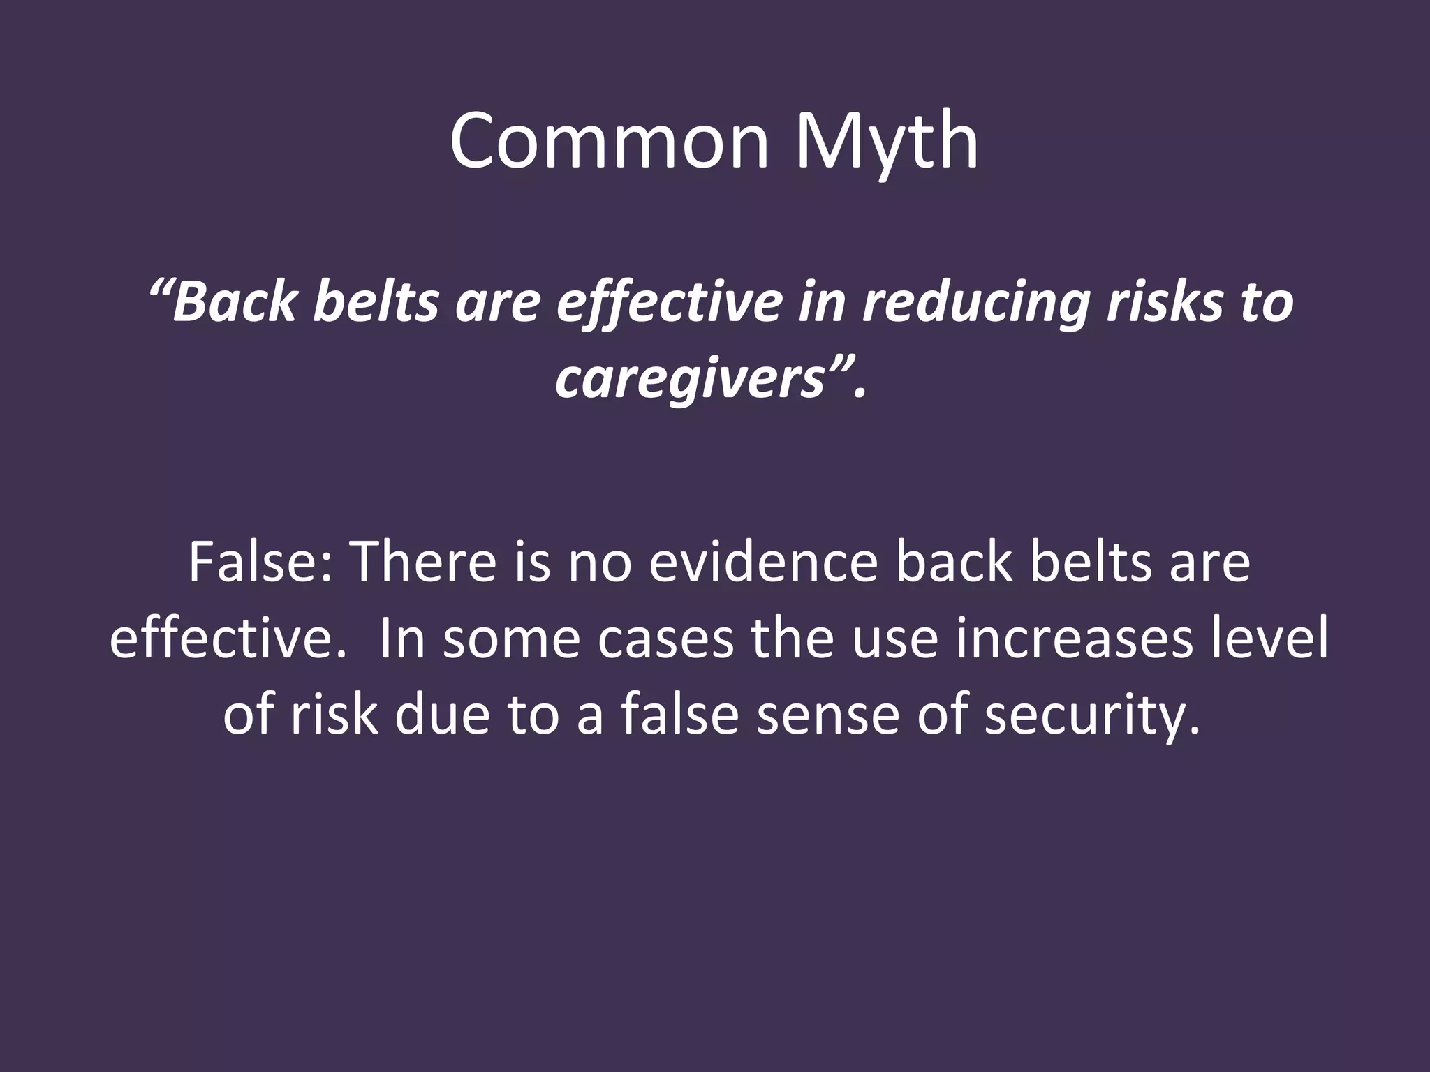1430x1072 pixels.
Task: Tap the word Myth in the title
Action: [886, 142]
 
